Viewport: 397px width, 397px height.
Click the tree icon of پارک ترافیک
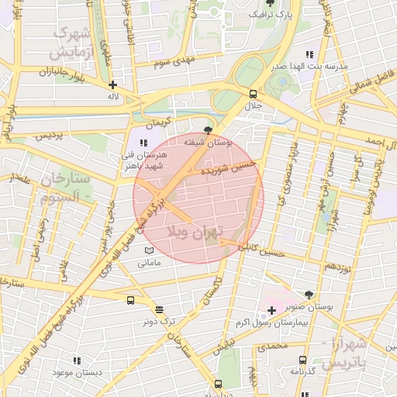269,3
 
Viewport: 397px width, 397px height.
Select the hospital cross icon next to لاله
113,85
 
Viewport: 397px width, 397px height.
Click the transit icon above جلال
254,93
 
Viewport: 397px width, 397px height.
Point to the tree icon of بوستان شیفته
207,130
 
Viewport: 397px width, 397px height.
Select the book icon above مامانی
149,250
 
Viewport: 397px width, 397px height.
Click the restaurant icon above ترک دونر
159,309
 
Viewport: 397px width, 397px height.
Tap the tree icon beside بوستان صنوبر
309,295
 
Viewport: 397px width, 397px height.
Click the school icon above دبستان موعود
76,361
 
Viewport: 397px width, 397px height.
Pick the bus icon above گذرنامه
302,360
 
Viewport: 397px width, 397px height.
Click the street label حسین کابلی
261,250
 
